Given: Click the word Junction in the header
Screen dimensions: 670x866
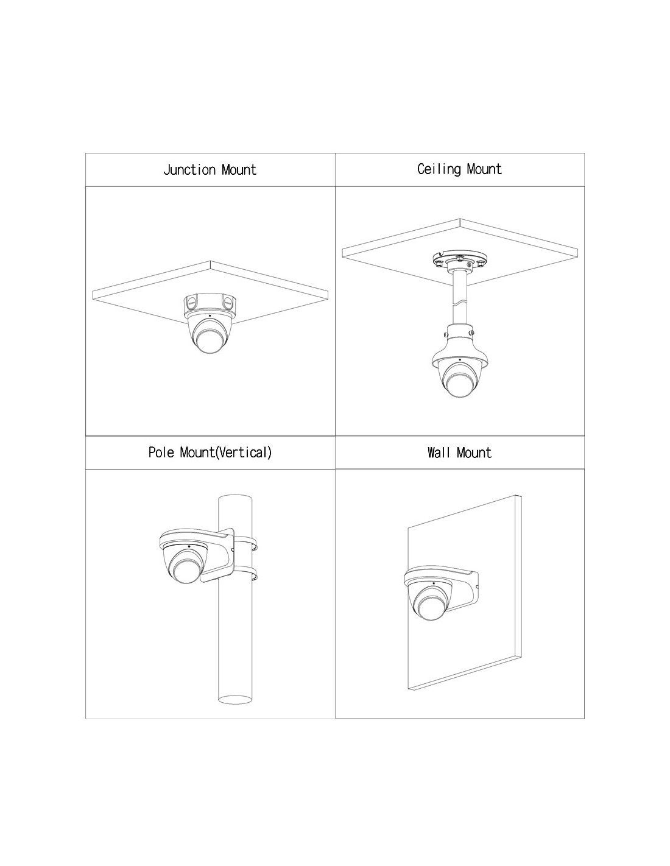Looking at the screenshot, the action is [189, 170].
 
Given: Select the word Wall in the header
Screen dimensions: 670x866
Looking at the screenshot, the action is [438, 452].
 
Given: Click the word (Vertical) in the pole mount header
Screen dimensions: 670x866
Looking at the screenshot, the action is [244, 452].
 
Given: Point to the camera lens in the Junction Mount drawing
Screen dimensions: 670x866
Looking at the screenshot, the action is [211, 342].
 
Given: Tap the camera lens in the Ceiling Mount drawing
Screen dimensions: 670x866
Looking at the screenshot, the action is [459, 384].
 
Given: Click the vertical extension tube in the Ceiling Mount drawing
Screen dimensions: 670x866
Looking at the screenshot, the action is [459, 300].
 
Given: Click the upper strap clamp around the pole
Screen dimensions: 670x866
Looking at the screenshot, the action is [244, 543].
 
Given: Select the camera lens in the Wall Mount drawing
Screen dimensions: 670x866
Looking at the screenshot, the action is [429, 610].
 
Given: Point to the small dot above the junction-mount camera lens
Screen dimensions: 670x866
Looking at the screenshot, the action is [210, 315].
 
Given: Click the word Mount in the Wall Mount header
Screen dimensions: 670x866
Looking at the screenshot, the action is [474, 452].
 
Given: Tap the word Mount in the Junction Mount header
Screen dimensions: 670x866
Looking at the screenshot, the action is [239, 170].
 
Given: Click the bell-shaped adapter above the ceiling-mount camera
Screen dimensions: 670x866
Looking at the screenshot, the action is [459, 347].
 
